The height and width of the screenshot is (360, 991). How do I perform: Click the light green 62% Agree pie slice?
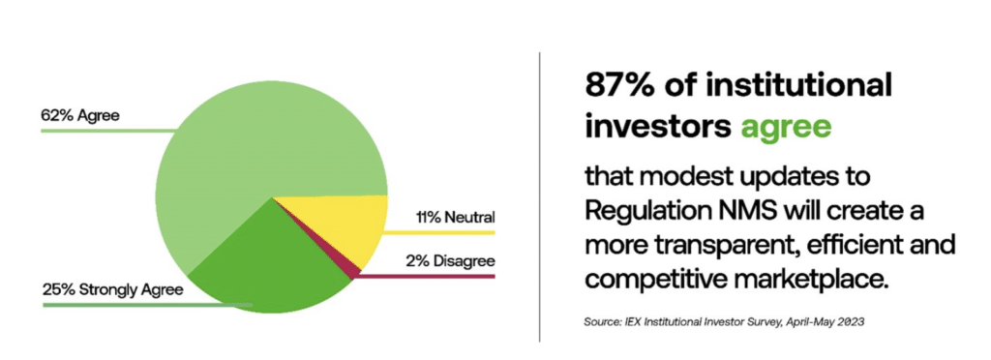(x=242, y=126)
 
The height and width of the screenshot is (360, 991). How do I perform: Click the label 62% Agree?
(x=79, y=116)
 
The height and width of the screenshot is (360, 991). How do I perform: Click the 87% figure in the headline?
(x=619, y=86)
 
